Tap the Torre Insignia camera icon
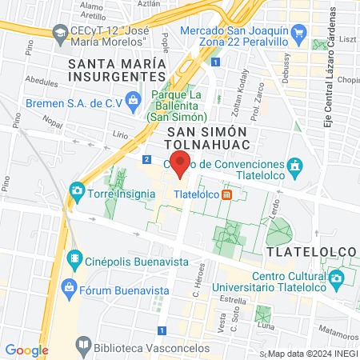[x=77, y=190]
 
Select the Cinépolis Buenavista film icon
[x=74, y=258]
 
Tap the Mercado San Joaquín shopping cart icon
[x=299, y=33]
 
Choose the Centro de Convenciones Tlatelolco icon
[x=295, y=165]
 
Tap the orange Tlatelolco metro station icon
[x=226, y=194]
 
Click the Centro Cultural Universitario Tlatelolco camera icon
[x=337, y=279]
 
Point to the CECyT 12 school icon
[x=59, y=33]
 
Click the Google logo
[x=26, y=350]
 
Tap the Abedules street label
[x=42, y=81]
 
